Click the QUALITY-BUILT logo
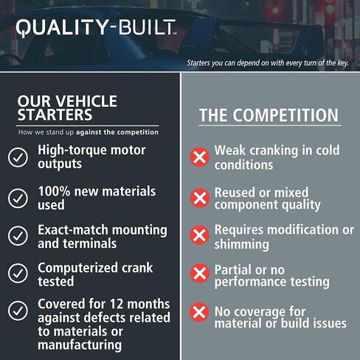point(96,28)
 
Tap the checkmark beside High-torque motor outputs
point(18,157)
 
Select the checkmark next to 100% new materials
point(18,197)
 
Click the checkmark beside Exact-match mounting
point(18,236)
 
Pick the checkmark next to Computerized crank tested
point(18,274)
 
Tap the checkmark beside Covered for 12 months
point(18,311)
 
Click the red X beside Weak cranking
point(199,157)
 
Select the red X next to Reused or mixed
point(199,197)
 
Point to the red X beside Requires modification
point(199,235)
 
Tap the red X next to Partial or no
point(199,274)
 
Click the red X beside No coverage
point(199,311)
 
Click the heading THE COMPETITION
point(269,116)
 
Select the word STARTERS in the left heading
point(55,116)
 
